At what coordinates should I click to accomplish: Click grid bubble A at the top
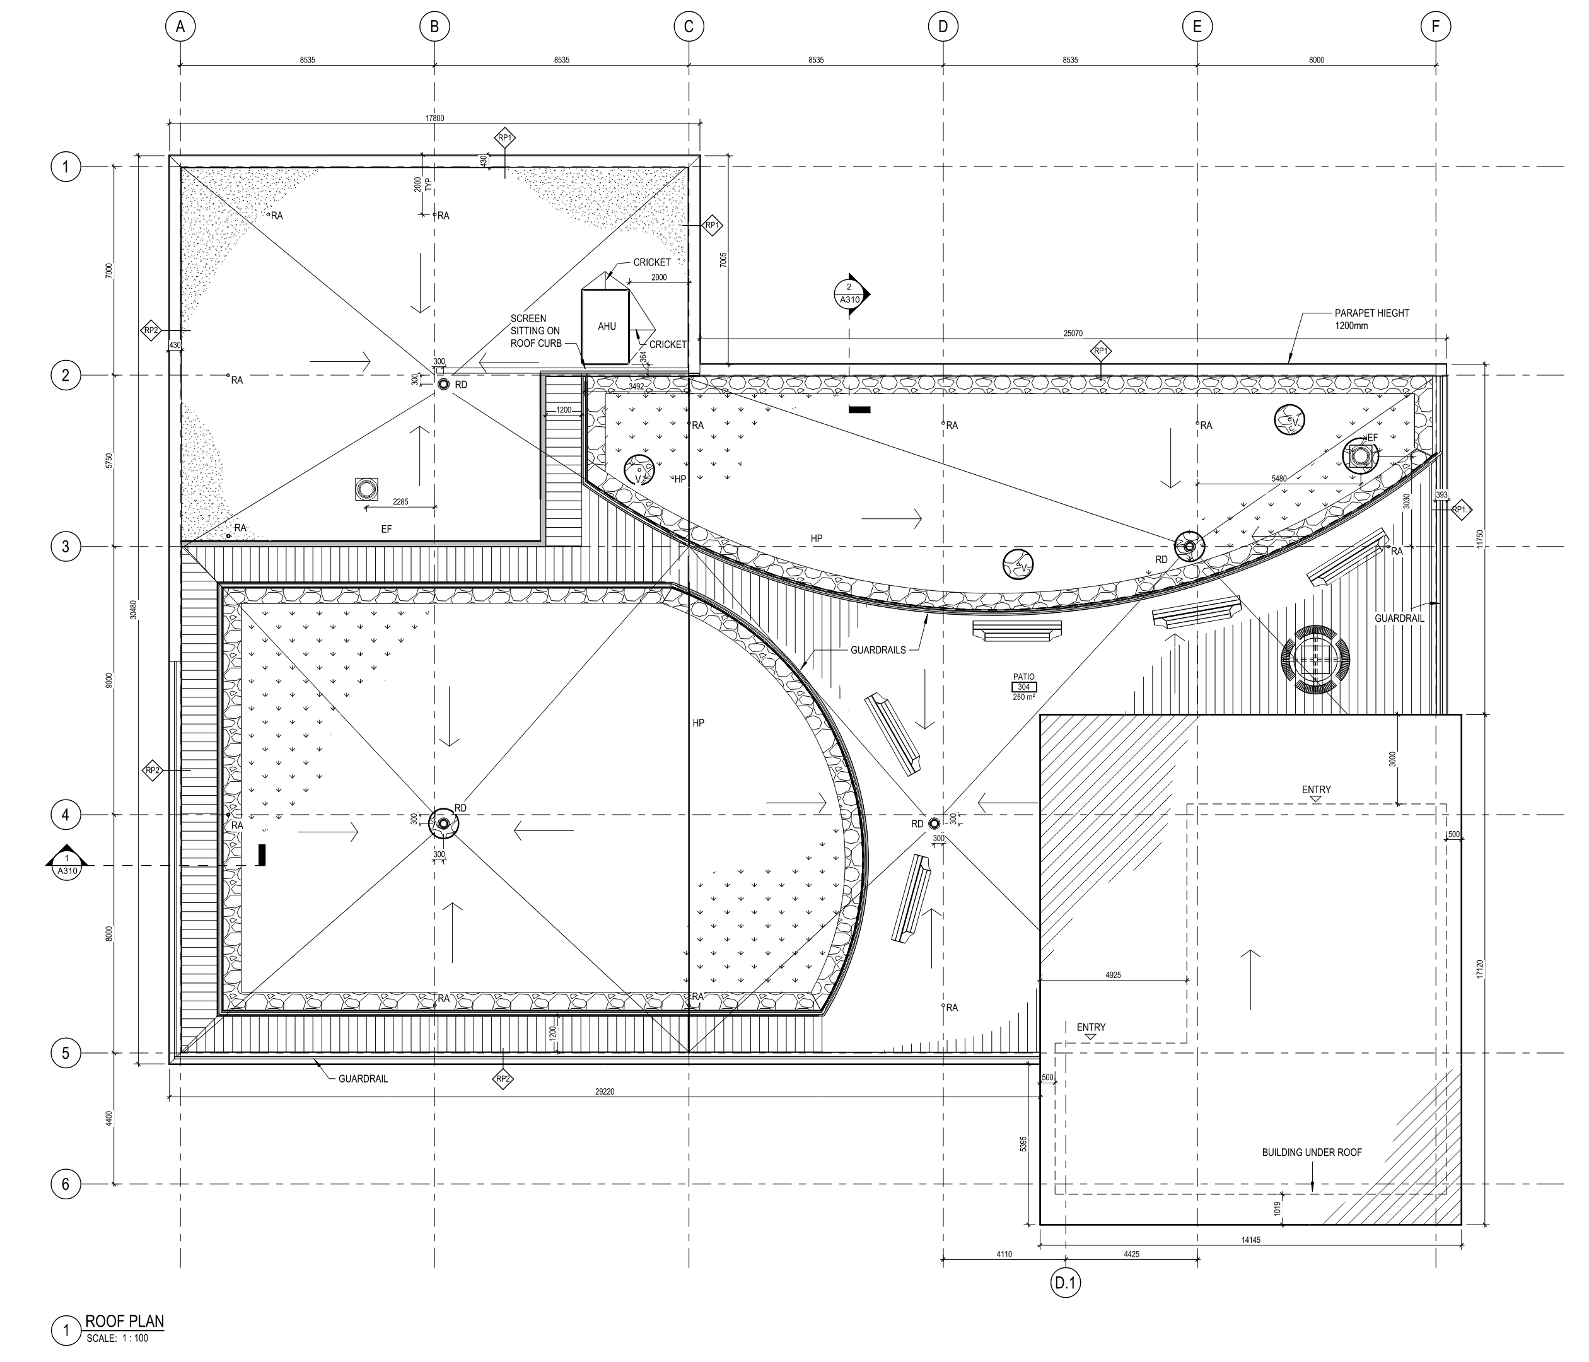(x=180, y=27)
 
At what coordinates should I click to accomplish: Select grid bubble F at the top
(x=1436, y=27)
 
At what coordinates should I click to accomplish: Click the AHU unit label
(x=607, y=326)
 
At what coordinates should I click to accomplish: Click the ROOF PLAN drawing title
(x=124, y=1322)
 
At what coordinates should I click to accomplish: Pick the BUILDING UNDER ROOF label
(x=1312, y=1152)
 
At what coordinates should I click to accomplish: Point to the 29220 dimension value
(x=604, y=1091)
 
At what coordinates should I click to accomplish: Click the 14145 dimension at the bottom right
(x=1250, y=1239)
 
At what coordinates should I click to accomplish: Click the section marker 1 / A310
(x=67, y=864)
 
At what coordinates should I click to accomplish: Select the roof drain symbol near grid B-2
(x=443, y=384)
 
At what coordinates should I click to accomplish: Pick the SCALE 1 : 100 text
(x=117, y=1338)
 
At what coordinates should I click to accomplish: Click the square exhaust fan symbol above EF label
(x=366, y=489)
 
